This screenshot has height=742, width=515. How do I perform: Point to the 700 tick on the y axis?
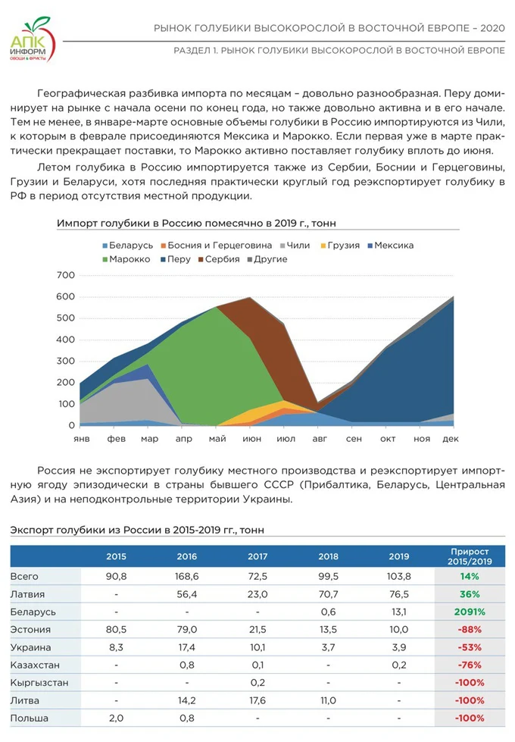coord(66,274)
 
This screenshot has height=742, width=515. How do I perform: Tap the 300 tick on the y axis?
coord(66,361)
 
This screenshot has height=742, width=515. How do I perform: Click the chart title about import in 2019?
coord(196,224)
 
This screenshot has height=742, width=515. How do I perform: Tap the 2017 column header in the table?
coord(257,556)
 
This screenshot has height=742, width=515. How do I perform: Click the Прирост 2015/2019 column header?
coord(470,556)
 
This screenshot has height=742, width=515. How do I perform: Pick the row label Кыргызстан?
coord(39,683)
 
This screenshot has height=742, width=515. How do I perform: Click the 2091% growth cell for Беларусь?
coord(470,612)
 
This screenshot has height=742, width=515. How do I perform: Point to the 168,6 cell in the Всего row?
coord(186,577)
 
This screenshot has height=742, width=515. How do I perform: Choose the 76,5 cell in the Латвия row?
coord(399,594)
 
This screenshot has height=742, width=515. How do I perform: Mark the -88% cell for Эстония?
coord(470,630)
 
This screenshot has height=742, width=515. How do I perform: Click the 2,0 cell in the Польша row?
coord(116,718)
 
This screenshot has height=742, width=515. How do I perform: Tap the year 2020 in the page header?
coord(491,28)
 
